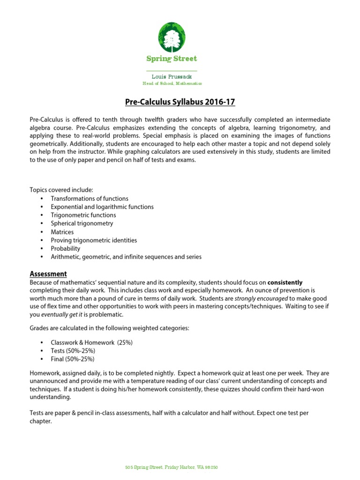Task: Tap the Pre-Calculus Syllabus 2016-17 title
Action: click(x=180, y=102)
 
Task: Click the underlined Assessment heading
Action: click(x=48, y=274)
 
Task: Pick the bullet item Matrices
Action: click(x=62, y=232)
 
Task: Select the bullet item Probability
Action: click(x=66, y=248)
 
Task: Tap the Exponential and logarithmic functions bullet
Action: click(x=102, y=207)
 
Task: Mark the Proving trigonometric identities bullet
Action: click(x=94, y=240)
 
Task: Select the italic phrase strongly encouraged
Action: click(x=262, y=298)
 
